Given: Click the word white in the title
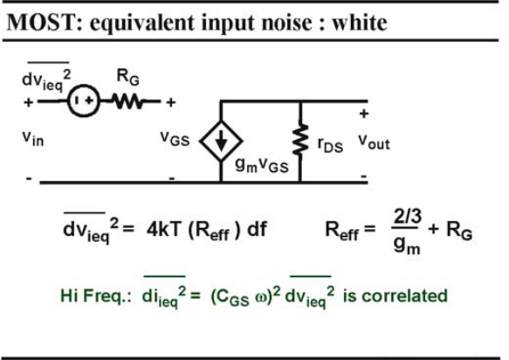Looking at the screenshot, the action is point(360,23).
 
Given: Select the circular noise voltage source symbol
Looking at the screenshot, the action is point(84,100).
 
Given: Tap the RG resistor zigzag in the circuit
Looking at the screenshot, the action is point(128,101).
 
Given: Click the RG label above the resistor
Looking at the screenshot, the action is point(127,78).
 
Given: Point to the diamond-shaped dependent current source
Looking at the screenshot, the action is point(221,141).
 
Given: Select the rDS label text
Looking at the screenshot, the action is point(330,145).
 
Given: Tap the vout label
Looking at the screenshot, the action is point(374,142).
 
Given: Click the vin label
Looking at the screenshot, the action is point(33,139).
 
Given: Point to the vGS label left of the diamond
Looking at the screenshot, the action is point(175,138).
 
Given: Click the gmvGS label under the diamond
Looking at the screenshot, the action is point(262,165).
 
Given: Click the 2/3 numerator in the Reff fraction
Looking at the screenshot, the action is point(408,217).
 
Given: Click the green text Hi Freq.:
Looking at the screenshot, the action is point(96,295).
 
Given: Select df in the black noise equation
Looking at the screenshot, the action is point(257,230).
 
